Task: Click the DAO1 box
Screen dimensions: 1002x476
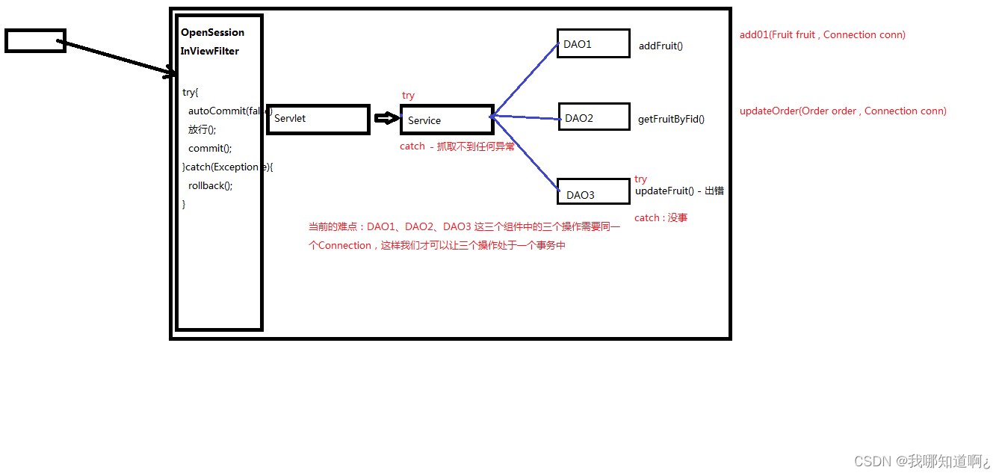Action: coord(593,43)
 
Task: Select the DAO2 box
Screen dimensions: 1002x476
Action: coord(593,117)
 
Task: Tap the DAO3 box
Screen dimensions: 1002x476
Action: coord(593,191)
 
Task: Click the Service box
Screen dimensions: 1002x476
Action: coord(446,120)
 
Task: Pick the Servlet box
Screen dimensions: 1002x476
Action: coord(318,119)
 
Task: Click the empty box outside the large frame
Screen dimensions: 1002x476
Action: coord(35,40)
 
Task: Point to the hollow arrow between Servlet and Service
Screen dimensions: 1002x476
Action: coord(386,118)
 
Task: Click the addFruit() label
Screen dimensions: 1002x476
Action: coord(661,46)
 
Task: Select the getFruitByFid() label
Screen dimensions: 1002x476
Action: coord(671,119)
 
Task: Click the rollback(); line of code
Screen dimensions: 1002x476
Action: coord(211,185)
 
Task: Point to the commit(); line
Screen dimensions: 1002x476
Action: coord(210,148)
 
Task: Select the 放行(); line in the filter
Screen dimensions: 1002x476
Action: coord(202,129)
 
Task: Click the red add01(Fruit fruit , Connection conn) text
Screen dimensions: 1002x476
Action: coord(822,34)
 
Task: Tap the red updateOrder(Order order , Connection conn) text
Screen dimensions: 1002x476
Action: coord(843,111)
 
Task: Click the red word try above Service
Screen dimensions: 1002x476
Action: coord(408,96)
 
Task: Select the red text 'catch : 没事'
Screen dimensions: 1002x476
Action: coord(661,217)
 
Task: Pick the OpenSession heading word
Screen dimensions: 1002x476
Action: coord(212,33)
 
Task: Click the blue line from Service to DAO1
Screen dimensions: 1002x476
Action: coord(525,78)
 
